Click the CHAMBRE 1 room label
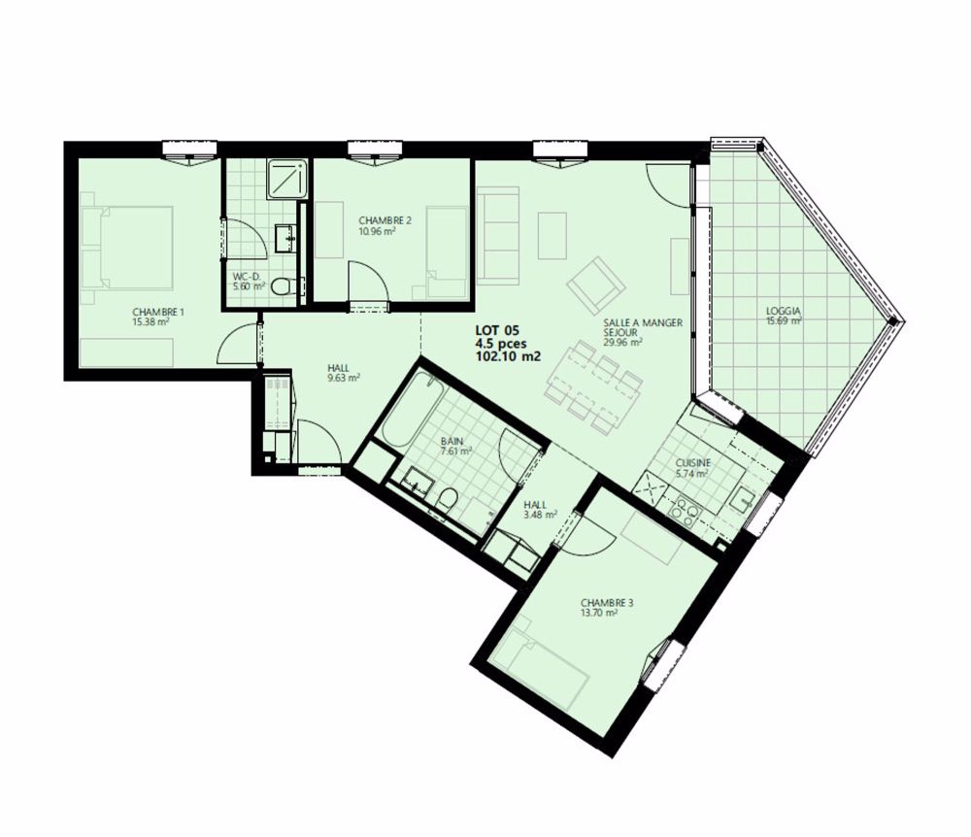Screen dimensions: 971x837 pos(158,312)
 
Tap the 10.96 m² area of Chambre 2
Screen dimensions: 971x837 pos(377,231)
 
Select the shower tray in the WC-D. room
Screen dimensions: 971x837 pos(288,179)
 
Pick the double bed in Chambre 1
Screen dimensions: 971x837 pos(126,248)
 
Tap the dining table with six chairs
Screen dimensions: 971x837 pos(593,385)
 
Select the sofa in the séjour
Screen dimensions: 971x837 pos(497,236)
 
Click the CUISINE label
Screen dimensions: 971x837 pos(692,463)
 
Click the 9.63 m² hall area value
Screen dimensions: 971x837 pos(344,377)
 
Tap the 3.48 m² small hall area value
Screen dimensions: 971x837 pos(539,514)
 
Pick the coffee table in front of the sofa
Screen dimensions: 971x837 pos(552,235)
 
